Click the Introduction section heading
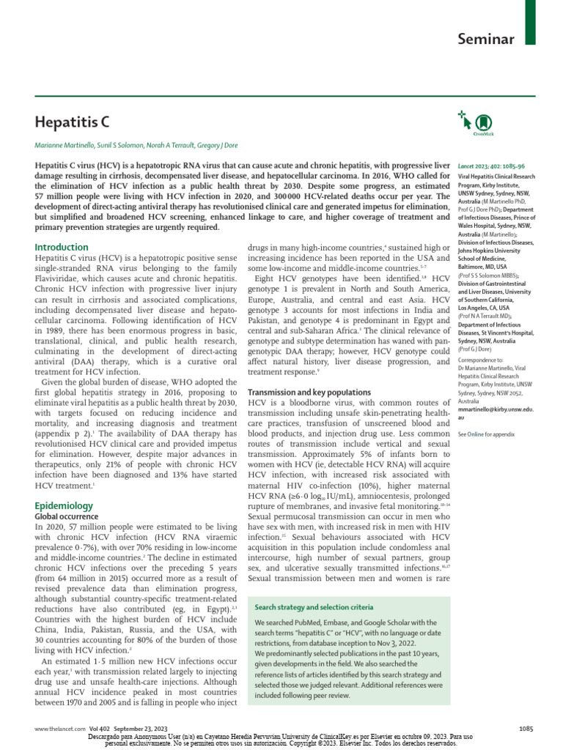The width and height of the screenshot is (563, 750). tap(62, 248)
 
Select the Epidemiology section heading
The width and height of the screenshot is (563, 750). tap(64, 505)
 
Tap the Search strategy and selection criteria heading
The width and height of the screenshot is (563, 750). tap(314, 607)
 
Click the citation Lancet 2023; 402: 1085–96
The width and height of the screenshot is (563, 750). tap(491, 167)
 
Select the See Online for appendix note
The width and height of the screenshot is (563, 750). tap(485, 434)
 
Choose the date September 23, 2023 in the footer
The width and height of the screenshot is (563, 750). tap(141, 727)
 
